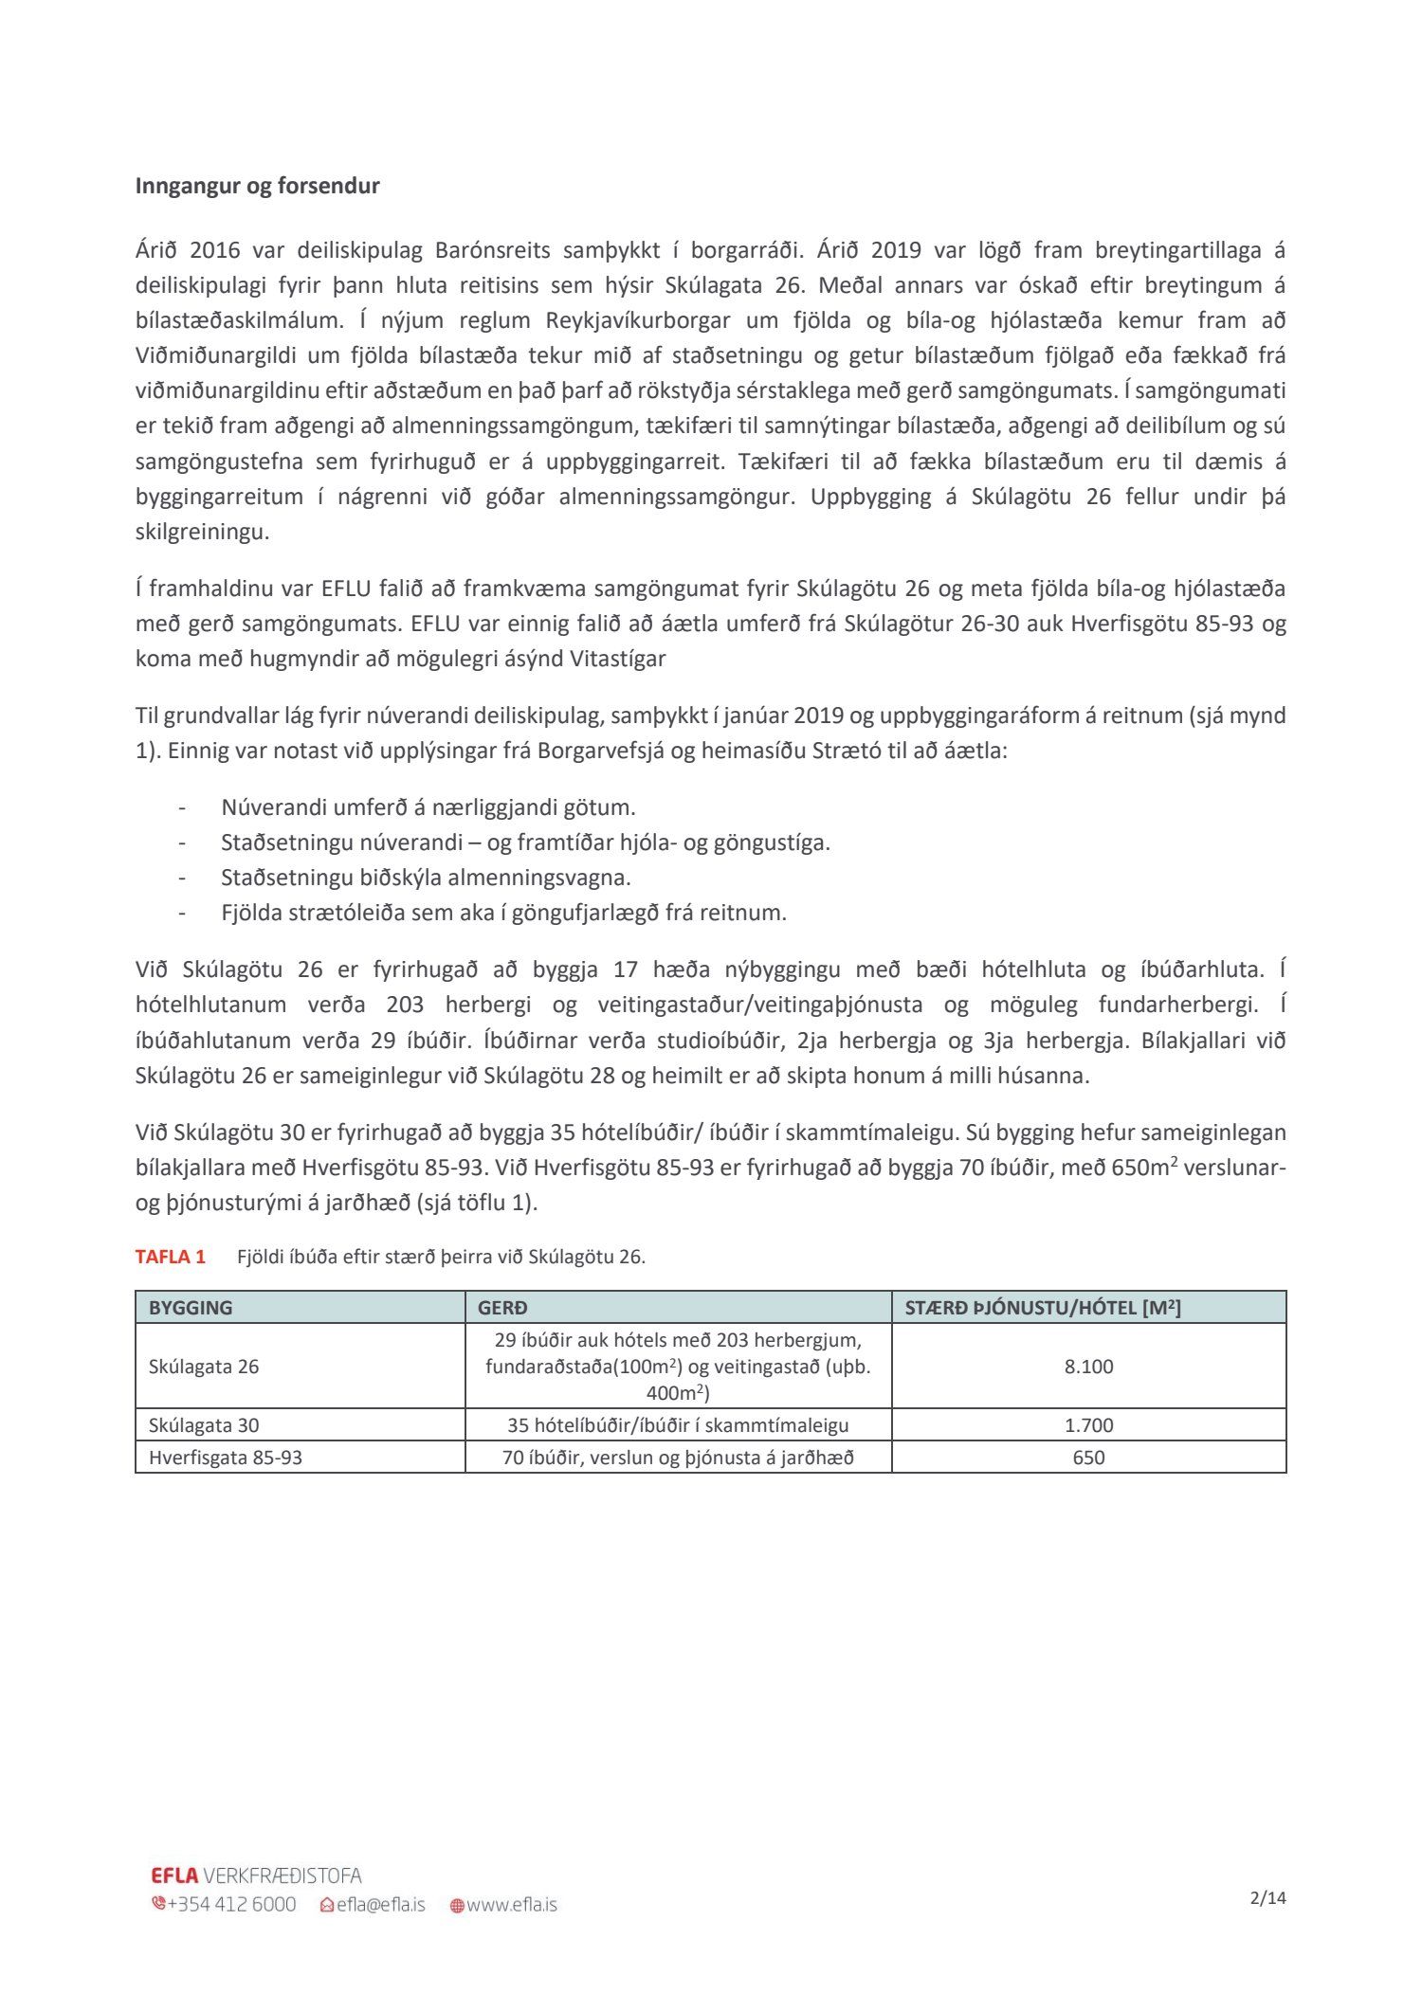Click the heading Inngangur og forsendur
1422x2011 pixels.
[x=257, y=186]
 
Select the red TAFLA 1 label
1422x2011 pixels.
[x=171, y=1257]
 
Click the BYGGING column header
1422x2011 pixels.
[x=191, y=1308]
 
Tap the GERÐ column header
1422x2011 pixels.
[x=502, y=1308]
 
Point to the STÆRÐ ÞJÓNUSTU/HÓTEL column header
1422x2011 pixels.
[x=1043, y=1308]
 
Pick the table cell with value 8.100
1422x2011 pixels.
[x=1088, y=1367]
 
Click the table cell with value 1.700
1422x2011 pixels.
[x=1088, y=1425]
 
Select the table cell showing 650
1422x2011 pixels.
[x=1088, y=1458]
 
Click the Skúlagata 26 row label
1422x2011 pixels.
[x=204, y=1367]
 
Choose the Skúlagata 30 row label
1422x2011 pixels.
[x=204, y=1425]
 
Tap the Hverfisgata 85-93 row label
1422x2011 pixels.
[x=226, y=1458]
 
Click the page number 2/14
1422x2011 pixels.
[x=1267, y=1898]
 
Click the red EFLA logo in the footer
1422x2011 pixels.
[x=174, y=1875]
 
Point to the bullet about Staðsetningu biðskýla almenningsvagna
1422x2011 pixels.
[x=426, y=878]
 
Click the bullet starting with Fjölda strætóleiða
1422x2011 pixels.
[x=503, y=913]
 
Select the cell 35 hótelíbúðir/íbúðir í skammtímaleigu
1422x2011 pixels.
[x=678, y=1425]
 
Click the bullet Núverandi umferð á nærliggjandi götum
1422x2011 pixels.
[x=428, y=807]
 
